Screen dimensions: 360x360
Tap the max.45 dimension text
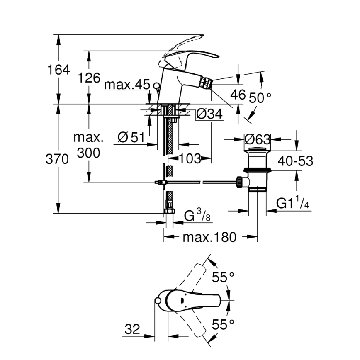tap(126, 85)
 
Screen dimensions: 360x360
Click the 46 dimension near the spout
tap(238, 95)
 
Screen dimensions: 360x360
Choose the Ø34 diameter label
tap(209, 114)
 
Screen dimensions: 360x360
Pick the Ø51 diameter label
tap(129, 137)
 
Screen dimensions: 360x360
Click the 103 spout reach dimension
tap(190, 158)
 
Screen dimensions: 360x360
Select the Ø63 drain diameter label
tap(257, 139)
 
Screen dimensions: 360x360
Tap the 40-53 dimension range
tap(295, 161)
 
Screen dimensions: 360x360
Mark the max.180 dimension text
tap(209, 237)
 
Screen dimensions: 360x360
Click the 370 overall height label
tap(57, 159)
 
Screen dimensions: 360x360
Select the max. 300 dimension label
tap(88, 145)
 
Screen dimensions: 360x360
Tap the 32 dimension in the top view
tap(132, 330)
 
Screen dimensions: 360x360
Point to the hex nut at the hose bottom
tap(168, 211)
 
